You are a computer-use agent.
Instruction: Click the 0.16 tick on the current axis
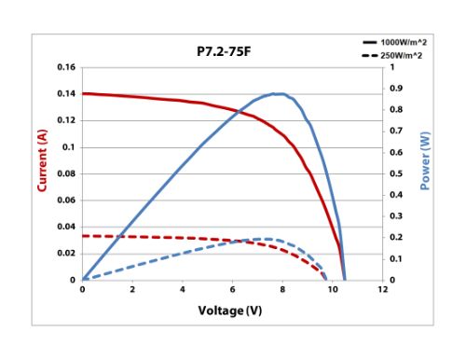point(65,68)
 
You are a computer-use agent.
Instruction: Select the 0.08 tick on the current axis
point(65,173)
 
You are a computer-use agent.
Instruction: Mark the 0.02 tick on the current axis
point(65,254)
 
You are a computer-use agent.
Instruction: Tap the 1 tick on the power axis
point(391,68)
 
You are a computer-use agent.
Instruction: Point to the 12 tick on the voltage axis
point(383,289)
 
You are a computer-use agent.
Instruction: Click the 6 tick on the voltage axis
point(233,289)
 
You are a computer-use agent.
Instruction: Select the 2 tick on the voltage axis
point(132,289)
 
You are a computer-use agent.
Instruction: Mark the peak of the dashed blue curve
point(267,239)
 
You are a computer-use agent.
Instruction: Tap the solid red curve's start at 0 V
point(83,93)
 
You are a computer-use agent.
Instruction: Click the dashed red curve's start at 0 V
point(83,236)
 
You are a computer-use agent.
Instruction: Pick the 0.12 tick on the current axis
point(65,120)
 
